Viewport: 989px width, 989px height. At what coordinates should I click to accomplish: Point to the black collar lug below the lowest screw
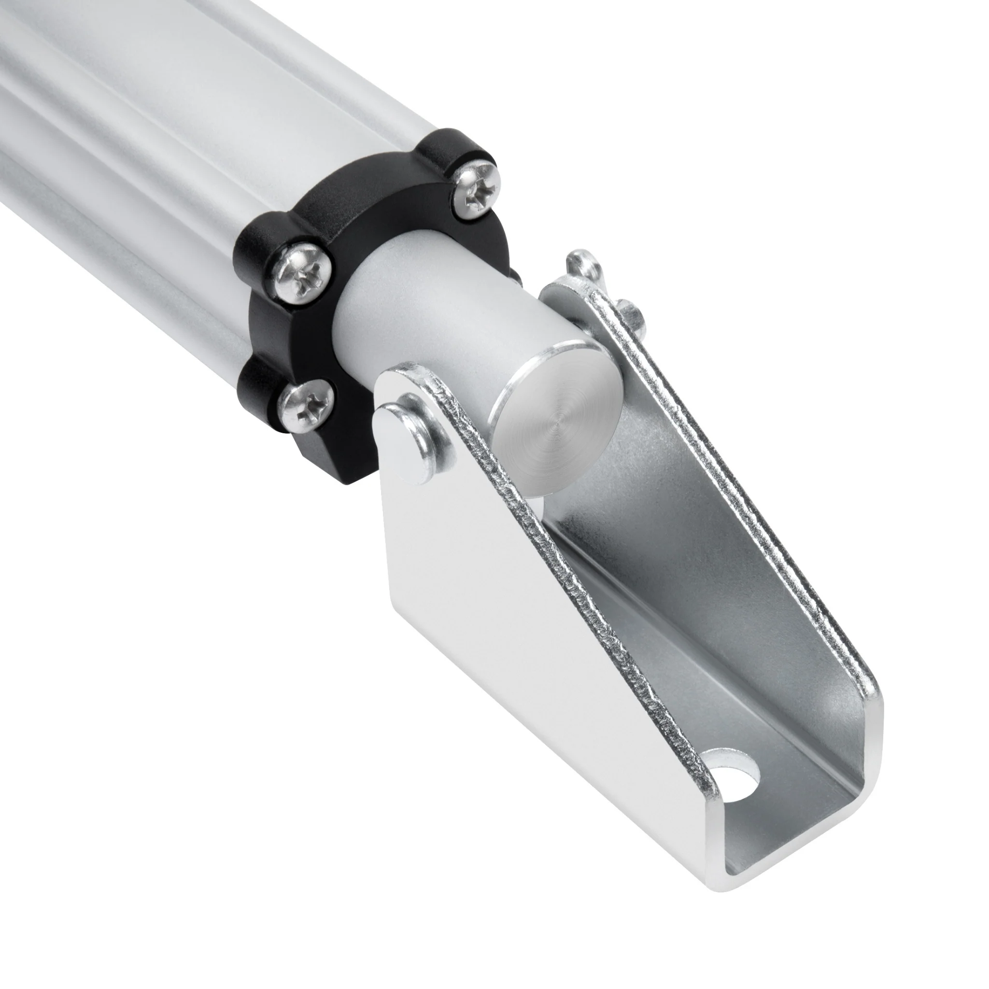click(327, 451)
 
